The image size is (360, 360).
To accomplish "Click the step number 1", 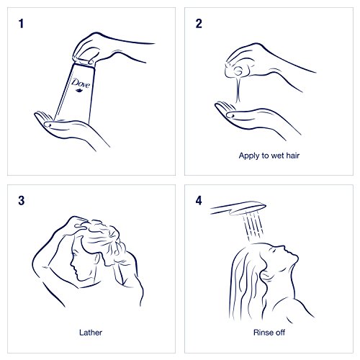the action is click(21, 24).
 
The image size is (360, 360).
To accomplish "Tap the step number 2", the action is click(199, 24).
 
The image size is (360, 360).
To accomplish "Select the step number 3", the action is click(22, 201).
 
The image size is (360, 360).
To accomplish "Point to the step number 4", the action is click(199, 201).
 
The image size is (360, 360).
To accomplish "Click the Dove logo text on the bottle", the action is click(81, 83).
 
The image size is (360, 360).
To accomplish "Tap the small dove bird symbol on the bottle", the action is click(79, 91).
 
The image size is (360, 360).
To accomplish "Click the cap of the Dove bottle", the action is click(84, 61).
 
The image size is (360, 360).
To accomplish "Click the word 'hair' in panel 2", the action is click(293, 156).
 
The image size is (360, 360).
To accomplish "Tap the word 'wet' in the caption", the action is click(277, 156).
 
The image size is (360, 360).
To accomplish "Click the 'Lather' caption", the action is click(91, 333).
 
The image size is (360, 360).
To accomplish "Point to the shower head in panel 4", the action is click(238, 208).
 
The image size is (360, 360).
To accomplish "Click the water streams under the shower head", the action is click(253, 227).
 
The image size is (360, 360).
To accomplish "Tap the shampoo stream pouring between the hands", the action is click(238, 90).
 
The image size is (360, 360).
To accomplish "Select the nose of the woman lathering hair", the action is click(71, 264).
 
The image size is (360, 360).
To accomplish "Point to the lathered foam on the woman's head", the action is click(103, 236).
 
